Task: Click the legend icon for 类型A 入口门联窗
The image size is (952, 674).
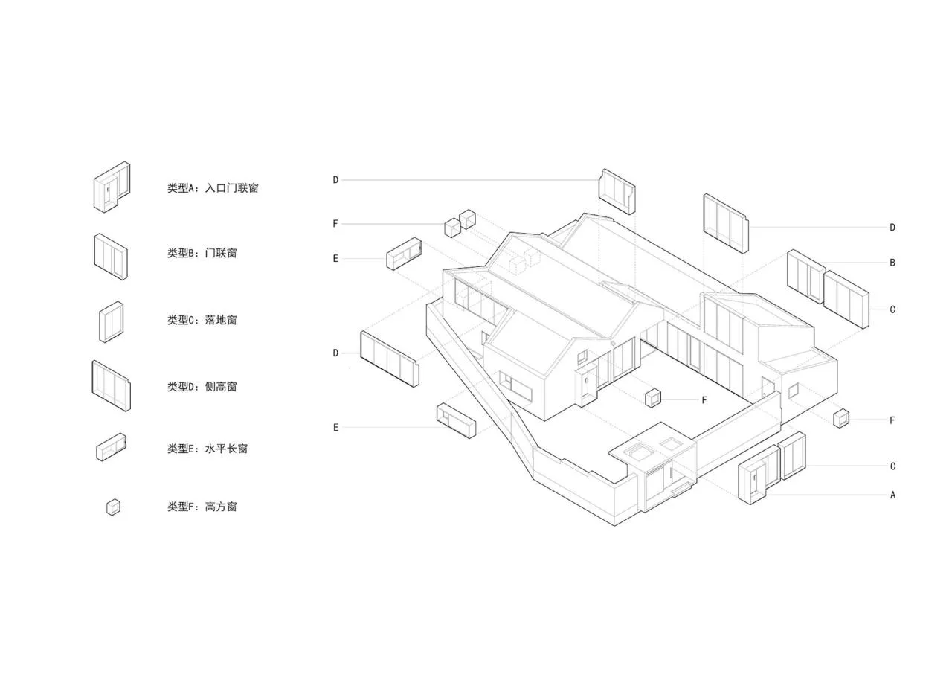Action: tap(112, 187)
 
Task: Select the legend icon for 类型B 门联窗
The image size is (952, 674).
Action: tap(111, 257)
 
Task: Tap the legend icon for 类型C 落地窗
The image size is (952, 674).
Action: tap(112, 322)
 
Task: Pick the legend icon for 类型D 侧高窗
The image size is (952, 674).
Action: tap(111, 386)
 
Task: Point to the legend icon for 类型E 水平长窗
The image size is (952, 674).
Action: tap(111, 447)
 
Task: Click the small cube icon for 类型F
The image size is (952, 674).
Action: tap(113, 507)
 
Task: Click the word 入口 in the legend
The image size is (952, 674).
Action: tap(216, 187)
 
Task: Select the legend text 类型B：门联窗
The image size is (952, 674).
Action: tap(202, 253)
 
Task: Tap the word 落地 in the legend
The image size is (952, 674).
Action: tap(216, 320)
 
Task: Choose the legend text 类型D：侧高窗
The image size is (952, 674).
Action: tap(202, 387)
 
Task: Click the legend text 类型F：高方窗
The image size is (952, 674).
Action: tap(202, 507)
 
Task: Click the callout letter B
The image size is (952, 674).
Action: tap(892, 263)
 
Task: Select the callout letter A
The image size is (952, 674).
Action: tap(892, 495)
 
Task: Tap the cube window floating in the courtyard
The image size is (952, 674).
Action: tap(653, 398)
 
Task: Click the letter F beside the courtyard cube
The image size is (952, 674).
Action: tap(704, 400)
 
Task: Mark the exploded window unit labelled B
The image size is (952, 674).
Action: tap(806, 277)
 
